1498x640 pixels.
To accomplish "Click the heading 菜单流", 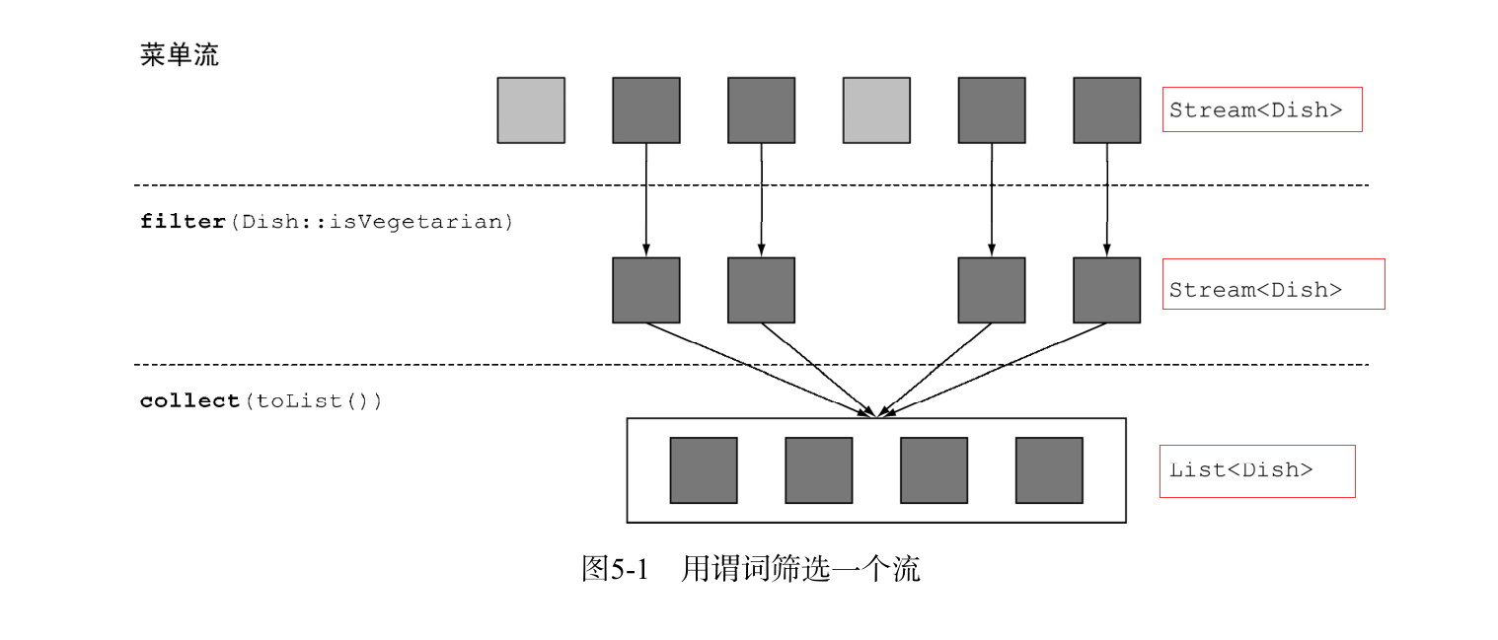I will click(179, 55).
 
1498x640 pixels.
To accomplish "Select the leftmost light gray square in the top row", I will click(531, 110).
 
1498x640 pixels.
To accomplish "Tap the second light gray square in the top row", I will click(876, 110).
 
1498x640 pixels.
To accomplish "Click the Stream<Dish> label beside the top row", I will click(1256, 110).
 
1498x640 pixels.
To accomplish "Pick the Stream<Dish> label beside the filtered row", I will click(1256, 290).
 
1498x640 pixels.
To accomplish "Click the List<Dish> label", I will click(1240, 470).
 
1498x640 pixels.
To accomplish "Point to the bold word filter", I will click(183, 222).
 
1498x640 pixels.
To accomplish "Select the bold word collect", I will click(190, 401).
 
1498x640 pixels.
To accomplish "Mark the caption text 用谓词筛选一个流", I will click(800, 569).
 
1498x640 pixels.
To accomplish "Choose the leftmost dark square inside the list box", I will click(704, 470).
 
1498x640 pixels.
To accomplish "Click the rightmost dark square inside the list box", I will click(1049, 470).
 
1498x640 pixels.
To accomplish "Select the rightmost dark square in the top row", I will click(1106, 110).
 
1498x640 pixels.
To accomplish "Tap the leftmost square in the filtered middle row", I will click(645, 290).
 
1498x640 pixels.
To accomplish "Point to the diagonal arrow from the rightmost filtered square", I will click(997, 370).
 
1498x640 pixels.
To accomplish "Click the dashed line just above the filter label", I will click(750, 184).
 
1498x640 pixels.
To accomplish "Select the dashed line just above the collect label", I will click(750, 365).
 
